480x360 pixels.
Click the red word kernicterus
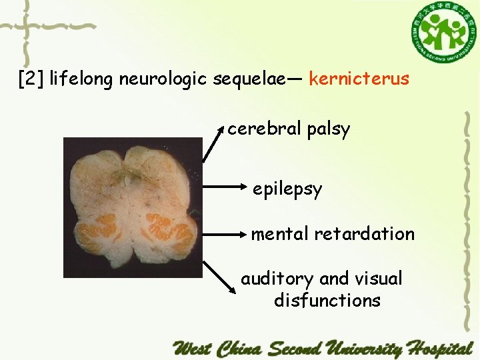pyautogui.click(x=359, y=79)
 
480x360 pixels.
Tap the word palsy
pyautogui.click(x=328, y=129)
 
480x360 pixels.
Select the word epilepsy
pyautogui.click(x=287, y=189)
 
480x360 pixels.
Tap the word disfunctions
pyautogui.click(x=327, y=300)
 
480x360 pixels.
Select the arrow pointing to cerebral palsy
pyautogui.click(x=213, y=143)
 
